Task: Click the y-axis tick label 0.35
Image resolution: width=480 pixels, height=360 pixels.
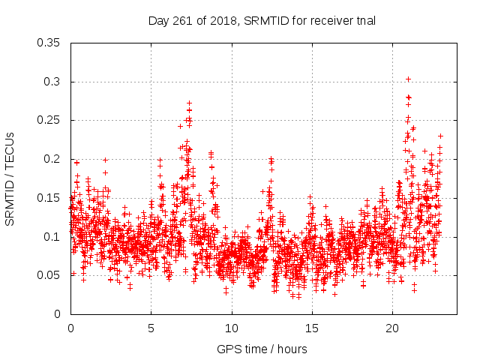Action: [50, 43]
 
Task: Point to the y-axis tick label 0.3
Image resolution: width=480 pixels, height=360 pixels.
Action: [53, 81]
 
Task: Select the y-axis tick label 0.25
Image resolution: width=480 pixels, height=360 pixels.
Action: [50, 120]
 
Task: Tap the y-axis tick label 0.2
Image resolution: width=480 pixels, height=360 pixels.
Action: [53, 159]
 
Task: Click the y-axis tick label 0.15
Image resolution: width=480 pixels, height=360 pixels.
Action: [50, 198]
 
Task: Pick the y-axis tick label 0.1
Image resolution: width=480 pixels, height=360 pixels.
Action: [53, 237]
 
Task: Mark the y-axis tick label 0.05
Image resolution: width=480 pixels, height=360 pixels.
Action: [50, 275]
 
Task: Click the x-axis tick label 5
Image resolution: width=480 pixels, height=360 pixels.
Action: [151, 328]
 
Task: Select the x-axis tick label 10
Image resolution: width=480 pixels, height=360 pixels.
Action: [232, 328]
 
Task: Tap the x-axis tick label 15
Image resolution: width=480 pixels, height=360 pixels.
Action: [312, 328]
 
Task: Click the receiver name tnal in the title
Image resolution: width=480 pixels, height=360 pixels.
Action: [366, 20]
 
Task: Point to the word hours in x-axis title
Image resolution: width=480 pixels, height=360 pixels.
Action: [291, 349]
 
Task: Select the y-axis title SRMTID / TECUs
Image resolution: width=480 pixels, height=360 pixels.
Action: [10, 178]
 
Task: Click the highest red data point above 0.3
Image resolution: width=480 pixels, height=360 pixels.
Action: [408, 79]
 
